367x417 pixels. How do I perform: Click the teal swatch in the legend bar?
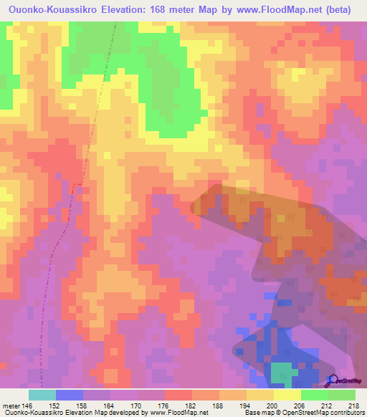[x=42, y=395]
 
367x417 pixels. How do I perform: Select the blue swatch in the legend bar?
[x=69, y=395]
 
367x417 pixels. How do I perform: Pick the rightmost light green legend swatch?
[x=341, y=395]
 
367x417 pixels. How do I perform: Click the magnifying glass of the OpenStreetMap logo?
[x=332, y=380]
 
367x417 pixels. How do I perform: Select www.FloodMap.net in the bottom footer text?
[x=178, y=413]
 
